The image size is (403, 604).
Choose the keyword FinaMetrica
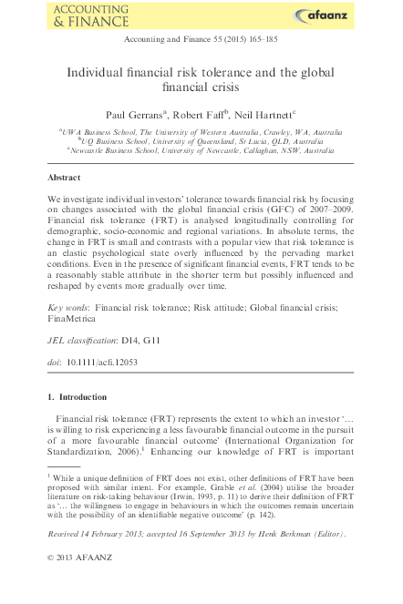click(74, 321)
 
